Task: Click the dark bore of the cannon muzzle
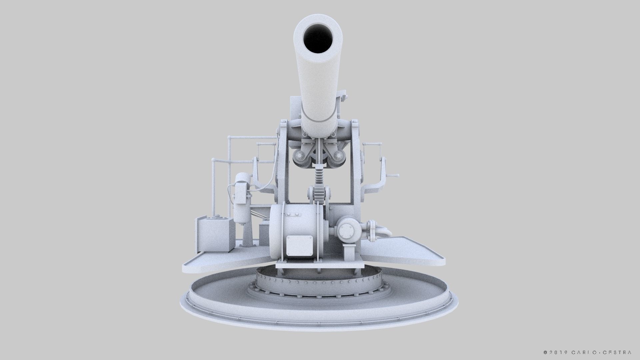[x=318, y=39]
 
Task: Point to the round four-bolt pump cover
[x=347, y=230]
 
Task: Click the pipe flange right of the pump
[x=371, y=230]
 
